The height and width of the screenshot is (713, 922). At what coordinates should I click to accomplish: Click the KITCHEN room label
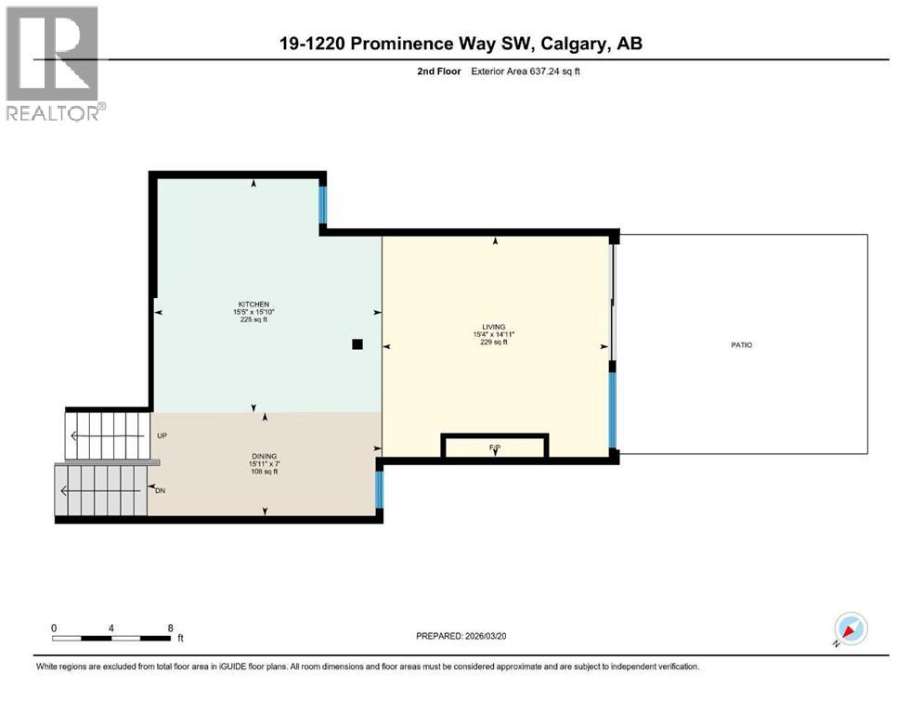253,305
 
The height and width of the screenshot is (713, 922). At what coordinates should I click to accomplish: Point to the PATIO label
741,344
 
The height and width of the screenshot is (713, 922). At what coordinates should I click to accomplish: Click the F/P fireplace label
494,448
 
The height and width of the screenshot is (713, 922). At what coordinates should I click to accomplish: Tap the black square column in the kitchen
357,344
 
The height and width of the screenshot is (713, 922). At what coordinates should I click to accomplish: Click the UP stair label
162,434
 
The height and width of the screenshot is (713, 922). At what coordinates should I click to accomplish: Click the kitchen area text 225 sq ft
253,319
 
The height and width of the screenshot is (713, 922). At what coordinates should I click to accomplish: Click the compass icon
849,629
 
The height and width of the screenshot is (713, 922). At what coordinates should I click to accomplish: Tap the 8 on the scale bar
170,628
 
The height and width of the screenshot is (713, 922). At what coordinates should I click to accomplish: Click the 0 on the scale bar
54,628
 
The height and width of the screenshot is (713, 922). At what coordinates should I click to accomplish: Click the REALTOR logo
55,63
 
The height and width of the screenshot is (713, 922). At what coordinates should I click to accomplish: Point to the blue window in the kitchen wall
323,205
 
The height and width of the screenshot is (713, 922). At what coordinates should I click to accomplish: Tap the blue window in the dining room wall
379,490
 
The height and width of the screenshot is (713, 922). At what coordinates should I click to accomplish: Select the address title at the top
461,44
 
